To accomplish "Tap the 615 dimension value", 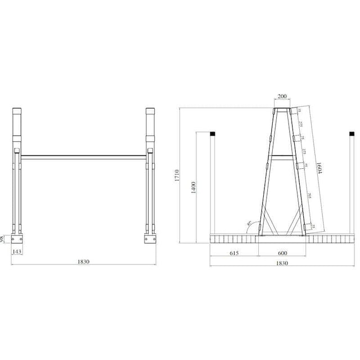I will pos(235,254).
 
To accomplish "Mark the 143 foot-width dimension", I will pos(17,251).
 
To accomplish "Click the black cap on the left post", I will pos(213,134).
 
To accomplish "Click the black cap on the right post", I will pos(352,134).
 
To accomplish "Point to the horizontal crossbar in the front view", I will pos(84,156).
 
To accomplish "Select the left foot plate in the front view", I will pos(17,238).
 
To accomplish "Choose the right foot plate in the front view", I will pos(150,238).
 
